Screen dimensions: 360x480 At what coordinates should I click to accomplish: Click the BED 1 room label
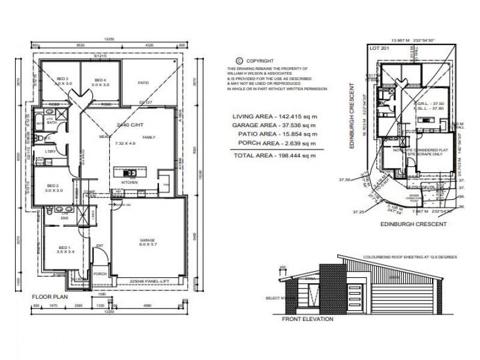tap(63, 247)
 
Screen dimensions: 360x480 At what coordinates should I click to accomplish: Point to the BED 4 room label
tap(99, 79)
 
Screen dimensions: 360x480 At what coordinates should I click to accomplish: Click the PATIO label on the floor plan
tap(143, 83)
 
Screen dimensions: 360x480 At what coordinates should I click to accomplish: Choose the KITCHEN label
tap(130, 181)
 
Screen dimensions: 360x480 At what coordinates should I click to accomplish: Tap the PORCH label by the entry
tap(100, 274)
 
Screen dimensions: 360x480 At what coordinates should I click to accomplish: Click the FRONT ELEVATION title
tap(307, 319)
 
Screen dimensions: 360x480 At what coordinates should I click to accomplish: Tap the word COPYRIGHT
tap(259, 61)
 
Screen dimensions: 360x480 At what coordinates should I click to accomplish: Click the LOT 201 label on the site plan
tap(376, 47)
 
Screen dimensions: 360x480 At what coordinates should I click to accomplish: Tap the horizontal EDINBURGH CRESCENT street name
tap(413, 224)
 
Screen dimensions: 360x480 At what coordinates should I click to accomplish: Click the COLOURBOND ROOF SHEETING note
tap(410, 256)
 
